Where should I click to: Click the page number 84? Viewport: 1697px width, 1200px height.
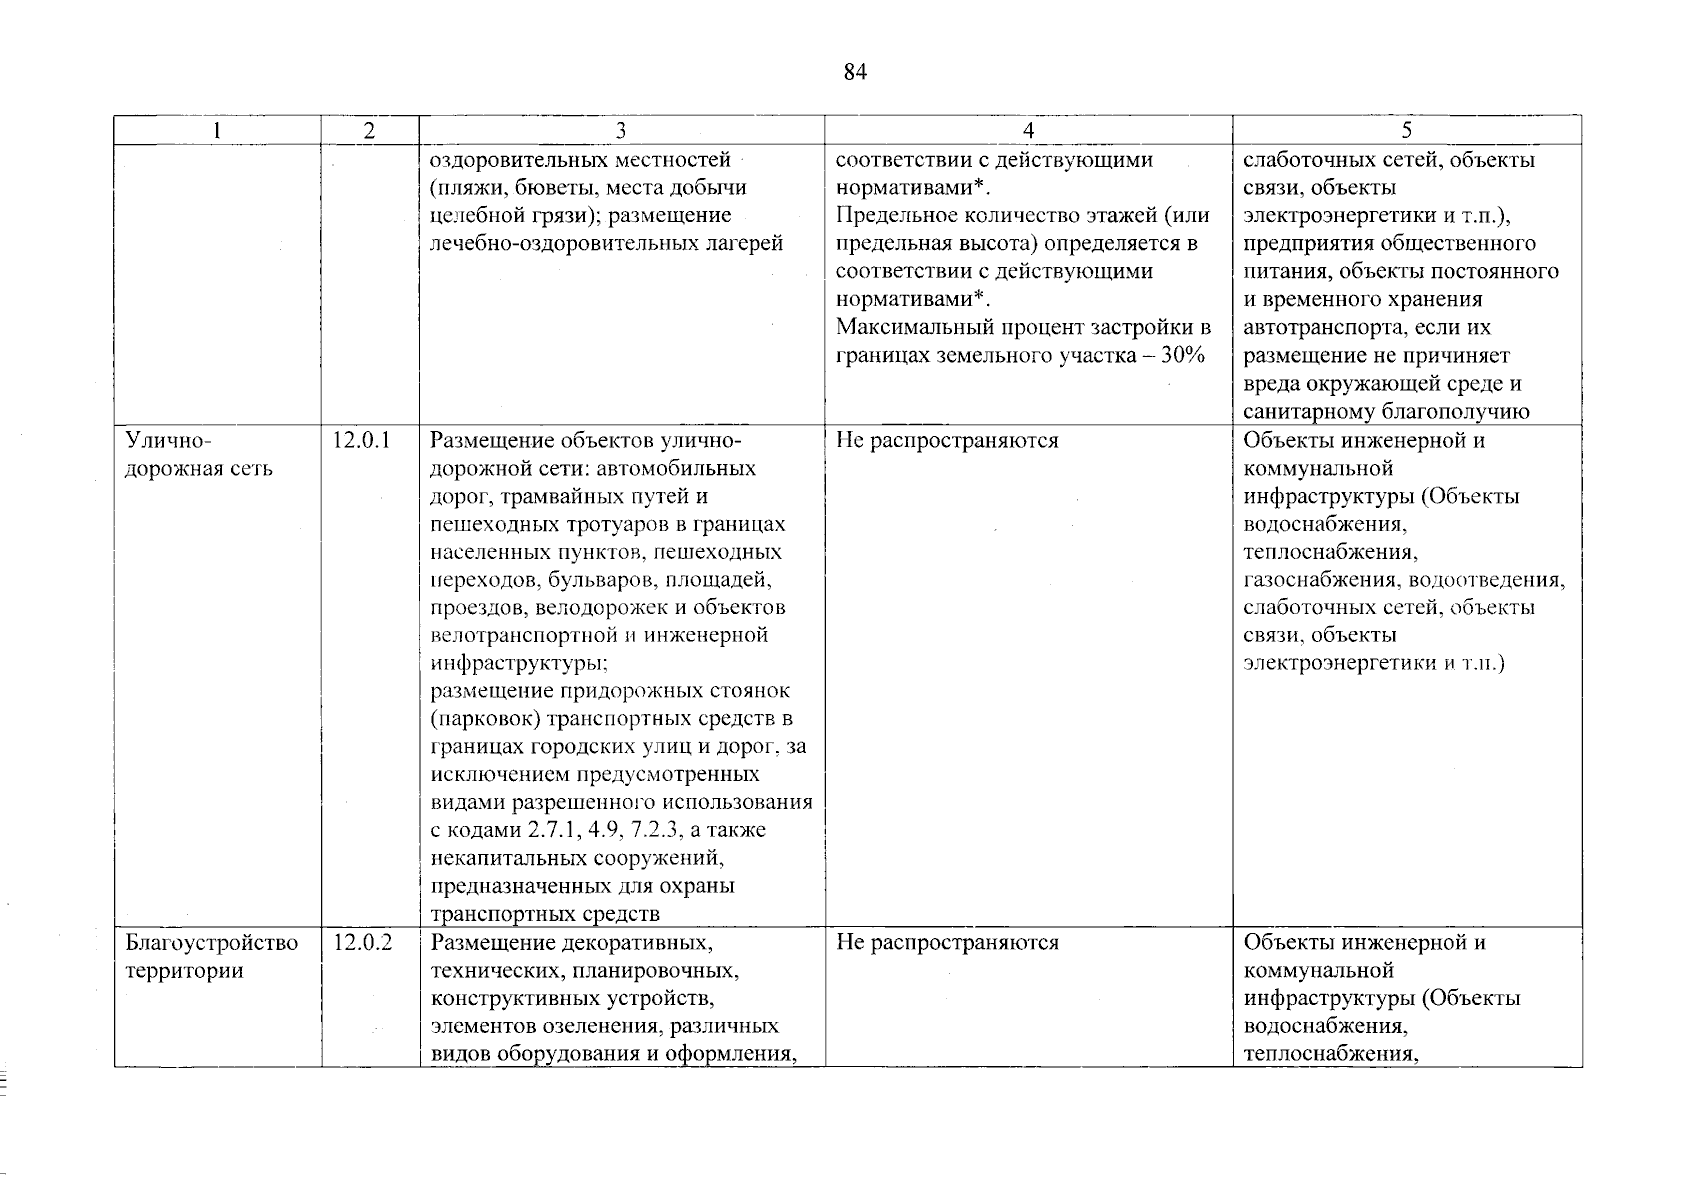click(854, 72)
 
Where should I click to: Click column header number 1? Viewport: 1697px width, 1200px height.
click(217, 131)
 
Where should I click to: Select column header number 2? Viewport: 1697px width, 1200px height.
click(370, 131)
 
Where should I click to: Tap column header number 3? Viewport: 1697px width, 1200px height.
click(621, 131)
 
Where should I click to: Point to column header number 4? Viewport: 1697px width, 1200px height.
click(1028, 131)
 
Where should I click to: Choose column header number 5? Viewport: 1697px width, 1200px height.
click(1406, 131)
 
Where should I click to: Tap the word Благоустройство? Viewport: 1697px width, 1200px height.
click(211, 943)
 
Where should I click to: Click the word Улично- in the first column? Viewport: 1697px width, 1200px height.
click(169, 441)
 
